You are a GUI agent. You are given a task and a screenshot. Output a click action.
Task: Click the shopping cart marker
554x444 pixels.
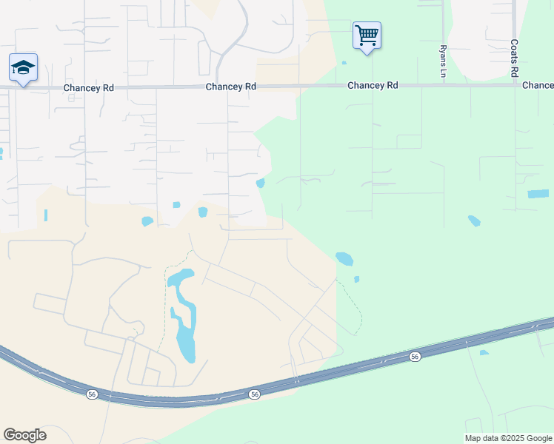click(x=367, y=36)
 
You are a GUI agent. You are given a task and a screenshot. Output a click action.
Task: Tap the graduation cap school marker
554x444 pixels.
click(x=24, y=68)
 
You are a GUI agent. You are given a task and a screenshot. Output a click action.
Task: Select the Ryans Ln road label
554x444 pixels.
click(x=443, y=61)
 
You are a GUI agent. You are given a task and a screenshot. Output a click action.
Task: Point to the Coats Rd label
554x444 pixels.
click(x=513, y=58)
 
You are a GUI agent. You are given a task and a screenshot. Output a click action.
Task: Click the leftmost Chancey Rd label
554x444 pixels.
click(x=88, y=87)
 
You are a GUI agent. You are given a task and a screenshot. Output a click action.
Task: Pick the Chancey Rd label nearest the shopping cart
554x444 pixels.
click(x=373, y=86)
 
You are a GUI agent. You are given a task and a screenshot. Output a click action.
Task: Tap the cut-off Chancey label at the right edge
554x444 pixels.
click(x=538, y=86)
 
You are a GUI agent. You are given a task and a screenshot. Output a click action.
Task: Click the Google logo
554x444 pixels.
click(x=24, y=435)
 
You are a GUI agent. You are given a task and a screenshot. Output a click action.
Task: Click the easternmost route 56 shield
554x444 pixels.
click(x=415, y=357)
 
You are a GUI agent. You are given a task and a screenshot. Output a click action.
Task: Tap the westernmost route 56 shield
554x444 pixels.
click(x=92, y=394)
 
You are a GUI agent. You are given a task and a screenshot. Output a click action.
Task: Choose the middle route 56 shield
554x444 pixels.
click(x=254, y=394)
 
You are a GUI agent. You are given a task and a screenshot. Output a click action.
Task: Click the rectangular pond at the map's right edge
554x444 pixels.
click(x=538, y=194)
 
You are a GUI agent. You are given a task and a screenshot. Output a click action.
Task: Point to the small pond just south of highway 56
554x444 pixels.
click(x=484, y=352)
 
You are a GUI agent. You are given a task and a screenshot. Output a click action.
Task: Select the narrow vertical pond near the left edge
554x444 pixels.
click(x=45, y=215)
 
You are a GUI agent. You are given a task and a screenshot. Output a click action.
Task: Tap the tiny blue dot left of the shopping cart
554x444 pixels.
click(x=344, y=63)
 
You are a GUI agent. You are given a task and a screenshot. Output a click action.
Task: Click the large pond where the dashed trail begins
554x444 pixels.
click(x=344, y=259)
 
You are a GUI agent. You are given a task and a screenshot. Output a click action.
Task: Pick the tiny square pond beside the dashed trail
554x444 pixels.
click(x=356, y=279)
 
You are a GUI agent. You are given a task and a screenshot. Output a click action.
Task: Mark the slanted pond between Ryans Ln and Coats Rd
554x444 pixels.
click(x=474, y=221)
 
